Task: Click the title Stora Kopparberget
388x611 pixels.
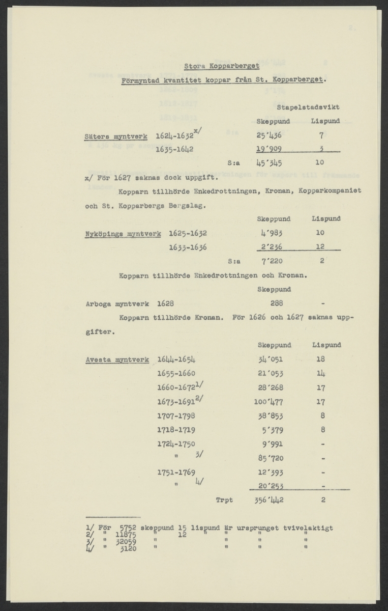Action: pyautogui.click(x=221, y=66)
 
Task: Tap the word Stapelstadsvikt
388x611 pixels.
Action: pyautogui.click(x=308, y=107)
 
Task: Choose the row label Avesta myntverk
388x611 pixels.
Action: pyautogui.click(x=117, y=359)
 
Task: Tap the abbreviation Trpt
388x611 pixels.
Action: pyautogui.click(x=224, y=500)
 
